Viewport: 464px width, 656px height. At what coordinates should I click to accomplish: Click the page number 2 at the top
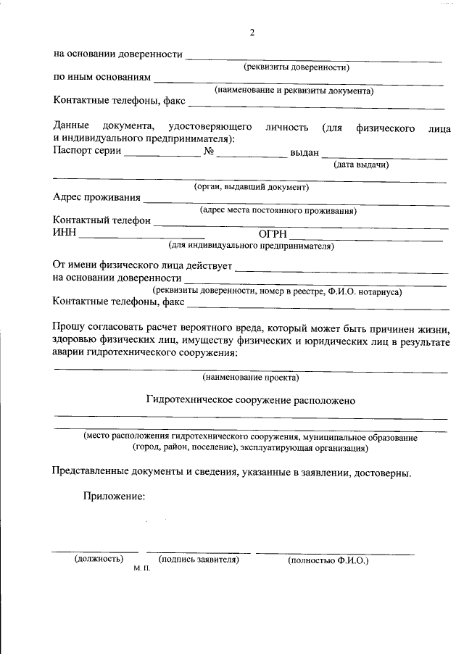click(x=252, y=33)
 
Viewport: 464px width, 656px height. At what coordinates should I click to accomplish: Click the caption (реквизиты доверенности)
click(x=297, y=67)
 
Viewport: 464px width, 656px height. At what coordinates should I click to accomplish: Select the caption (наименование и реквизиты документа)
click(x=294, y=91)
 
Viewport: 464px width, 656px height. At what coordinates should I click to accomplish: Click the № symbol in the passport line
click(x=209, y=151)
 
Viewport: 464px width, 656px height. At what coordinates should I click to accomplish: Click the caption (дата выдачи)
click(x=362, y=165)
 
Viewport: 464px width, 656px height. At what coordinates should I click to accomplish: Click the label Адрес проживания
click(x=96, y=198)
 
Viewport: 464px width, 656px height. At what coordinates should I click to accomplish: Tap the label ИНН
click(x=65, y=233)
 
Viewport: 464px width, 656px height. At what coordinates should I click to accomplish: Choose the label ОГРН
click(x=273, y=233)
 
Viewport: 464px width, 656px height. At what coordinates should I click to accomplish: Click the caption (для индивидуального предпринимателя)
click(x=251, y=246)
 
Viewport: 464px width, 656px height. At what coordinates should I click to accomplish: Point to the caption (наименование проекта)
click(x=251, y=377)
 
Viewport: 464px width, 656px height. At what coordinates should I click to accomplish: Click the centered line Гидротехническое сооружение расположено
click(x=251, y=400)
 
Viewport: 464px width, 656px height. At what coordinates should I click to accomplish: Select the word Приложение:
click(x=114, y=497)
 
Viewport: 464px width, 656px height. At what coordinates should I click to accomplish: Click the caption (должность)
click(x=99, y=560)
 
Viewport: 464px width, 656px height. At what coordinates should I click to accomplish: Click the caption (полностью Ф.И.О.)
click(x=328, y=561)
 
